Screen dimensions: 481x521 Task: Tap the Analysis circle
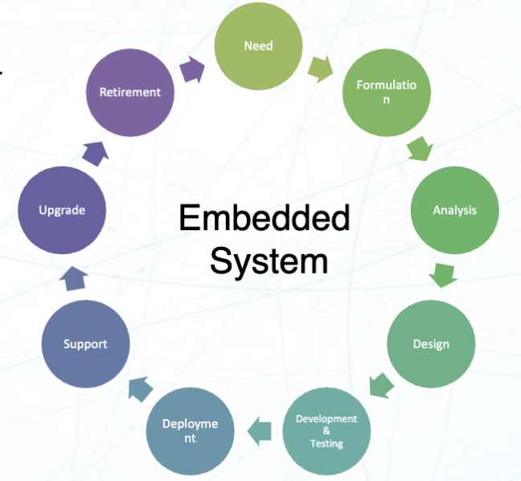click(454, 210)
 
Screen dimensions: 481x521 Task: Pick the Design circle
click(431, 343)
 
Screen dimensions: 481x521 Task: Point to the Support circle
click(85, 343)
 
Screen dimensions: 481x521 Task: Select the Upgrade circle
click(62, 210)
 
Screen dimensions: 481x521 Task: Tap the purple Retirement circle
click(129, 92)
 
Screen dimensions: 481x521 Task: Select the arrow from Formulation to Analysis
click(420, 150)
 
